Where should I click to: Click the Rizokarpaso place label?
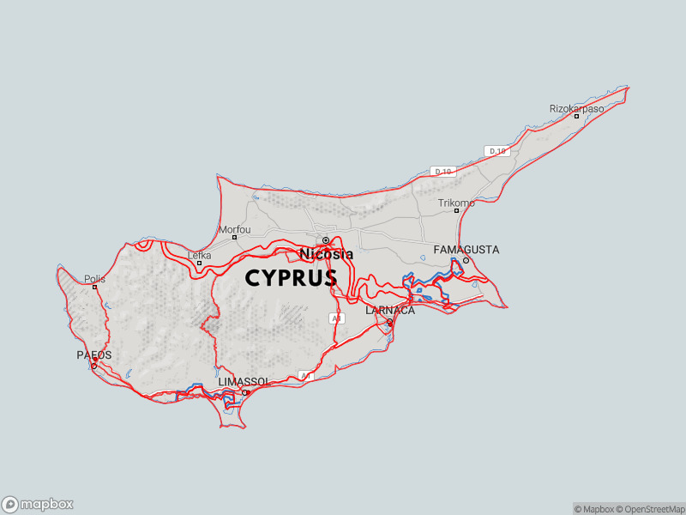tap(576, 109)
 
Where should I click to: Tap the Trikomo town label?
tap(455, 203)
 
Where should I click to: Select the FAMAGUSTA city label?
tap(466, 250)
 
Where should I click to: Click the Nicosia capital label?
tap(326, 254)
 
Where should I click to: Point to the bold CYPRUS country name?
tap(291, 279)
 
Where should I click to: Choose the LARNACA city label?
tap(390, 311)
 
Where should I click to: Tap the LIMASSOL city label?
tap(244, 381)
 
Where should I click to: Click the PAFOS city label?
tap(94, 354)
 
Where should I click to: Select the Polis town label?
tap(94, 279)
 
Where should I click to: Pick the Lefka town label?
tap(199, 255)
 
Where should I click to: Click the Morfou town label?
tap(235, 229)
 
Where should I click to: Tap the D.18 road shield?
tap(496, 151)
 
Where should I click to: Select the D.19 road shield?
tap(443, 172)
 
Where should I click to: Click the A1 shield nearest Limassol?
tap(306, 376)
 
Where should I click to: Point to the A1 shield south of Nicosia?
tap(336, 318)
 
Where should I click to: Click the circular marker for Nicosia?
tap(326, 240)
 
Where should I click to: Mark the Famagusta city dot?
tap(466, 260)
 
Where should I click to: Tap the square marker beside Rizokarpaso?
tap(576, 117)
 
